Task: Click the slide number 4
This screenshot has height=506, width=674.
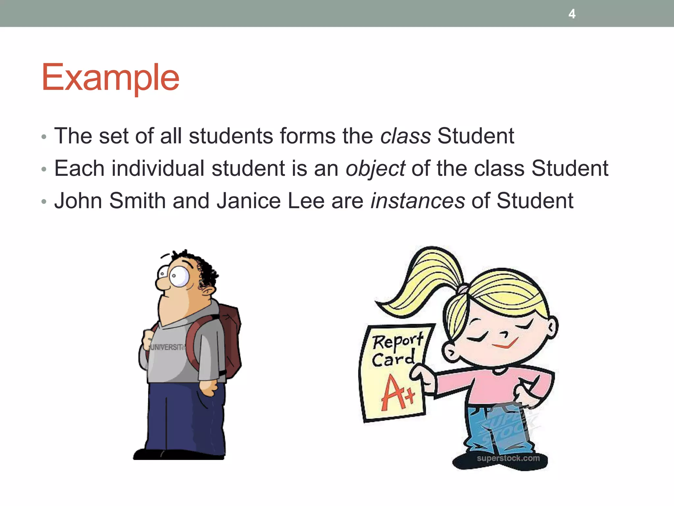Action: [x=572, y=14]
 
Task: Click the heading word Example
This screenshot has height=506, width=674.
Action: [x=110, y=78]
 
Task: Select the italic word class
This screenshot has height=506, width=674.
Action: [x=405, y=136]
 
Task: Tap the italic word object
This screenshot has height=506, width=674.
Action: [x=375, y=169]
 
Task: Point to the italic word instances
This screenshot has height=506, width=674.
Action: [x=418, y=201]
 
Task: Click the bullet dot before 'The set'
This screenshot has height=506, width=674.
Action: [x=44, y=137]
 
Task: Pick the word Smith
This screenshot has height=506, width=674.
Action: [x=137, y=201]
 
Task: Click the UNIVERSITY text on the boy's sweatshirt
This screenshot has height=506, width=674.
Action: [x=167, y=347]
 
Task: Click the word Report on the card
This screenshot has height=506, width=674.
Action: [x=398, y=341]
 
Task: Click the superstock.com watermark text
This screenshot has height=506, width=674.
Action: [x=508, y=458]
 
